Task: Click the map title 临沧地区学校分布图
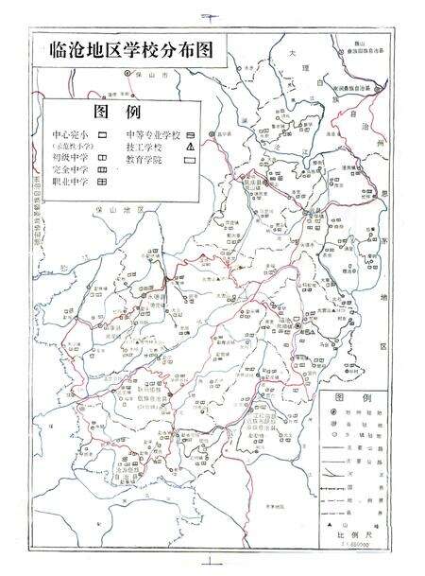click(131, 51)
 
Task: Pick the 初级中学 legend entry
click(72, 157)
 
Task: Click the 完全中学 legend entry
click(72, 169)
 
